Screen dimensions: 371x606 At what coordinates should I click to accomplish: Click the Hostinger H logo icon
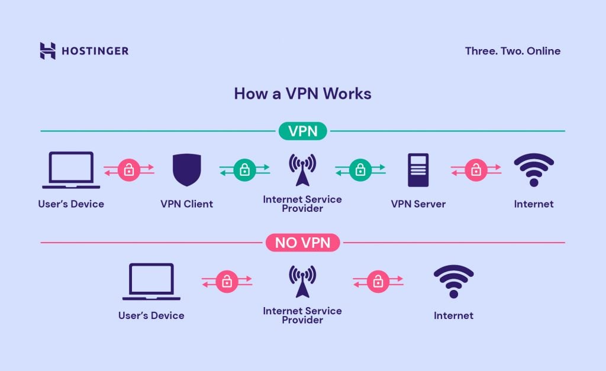tap(48, 51)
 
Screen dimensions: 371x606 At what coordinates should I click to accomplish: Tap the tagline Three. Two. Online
tap(512, 51)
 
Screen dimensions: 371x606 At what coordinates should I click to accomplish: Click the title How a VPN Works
tap(302, 93)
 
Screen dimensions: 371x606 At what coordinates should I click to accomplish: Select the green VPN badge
tap(303, 131)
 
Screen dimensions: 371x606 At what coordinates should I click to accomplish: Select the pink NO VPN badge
tap(303, 242)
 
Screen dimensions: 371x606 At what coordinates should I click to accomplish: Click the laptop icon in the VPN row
tap(71, 170)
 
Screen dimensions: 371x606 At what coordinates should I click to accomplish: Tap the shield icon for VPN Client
tap(186, 170)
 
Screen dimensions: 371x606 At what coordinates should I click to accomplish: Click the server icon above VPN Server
tap(418, 170)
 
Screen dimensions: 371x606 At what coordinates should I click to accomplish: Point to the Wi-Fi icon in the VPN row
tap(534, 170)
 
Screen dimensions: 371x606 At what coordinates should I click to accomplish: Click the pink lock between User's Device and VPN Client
tap(129, 170)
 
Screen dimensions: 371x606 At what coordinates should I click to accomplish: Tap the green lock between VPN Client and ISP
tap(244, 170)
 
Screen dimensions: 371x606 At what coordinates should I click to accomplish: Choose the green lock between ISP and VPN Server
tap(360, 170)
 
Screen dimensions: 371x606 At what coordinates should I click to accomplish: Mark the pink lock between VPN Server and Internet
tap(475, 170)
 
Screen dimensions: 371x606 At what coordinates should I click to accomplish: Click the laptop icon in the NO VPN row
tap(151, 282)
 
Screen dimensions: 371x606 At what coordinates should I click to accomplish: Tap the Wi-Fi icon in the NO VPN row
tap(453, 282)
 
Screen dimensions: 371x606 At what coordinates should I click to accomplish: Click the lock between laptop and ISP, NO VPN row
tap(227, 282)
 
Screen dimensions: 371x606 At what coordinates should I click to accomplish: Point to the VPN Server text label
tap(418, 204)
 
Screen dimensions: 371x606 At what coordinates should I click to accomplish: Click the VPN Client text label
tap(186, 204)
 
